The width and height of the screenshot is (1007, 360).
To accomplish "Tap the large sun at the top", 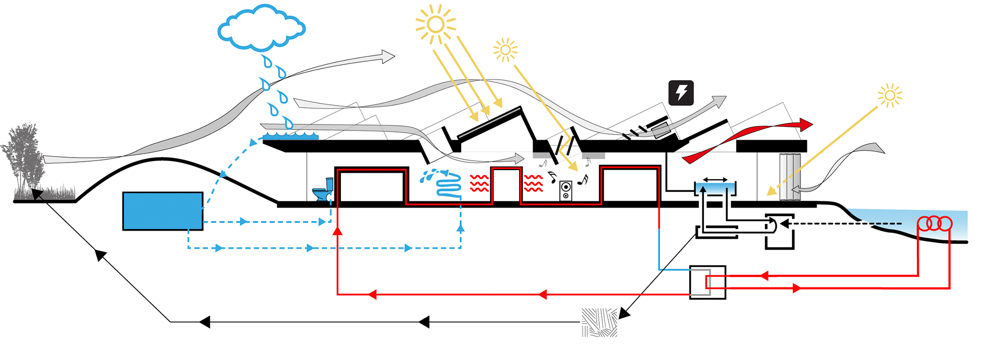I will click(435, 24).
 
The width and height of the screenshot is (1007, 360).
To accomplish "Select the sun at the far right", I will click(890, 96).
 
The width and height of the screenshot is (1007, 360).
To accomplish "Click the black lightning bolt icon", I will click(681, 93).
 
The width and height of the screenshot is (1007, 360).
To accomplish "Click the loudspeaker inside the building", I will click(565, 191).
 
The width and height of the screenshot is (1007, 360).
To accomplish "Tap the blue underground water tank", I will click(163, 211).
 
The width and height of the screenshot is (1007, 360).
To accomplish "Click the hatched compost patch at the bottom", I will click(599, 322).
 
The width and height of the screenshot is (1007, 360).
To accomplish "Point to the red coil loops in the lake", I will click(934, 223).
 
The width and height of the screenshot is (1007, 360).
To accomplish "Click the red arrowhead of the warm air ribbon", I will click(806, 124).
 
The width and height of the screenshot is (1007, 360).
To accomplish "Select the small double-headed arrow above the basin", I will click(715, 180).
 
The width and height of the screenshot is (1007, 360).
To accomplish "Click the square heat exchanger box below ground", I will click(707, 282).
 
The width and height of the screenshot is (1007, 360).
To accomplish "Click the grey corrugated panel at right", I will click(789, 176).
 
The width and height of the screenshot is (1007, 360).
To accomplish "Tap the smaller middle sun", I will click(505, 50).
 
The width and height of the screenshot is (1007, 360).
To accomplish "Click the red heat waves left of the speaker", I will click(533, 184).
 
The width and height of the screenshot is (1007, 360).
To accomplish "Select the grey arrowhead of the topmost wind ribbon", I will click(388, 56).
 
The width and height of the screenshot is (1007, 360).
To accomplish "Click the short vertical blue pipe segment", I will click(659, 249).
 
